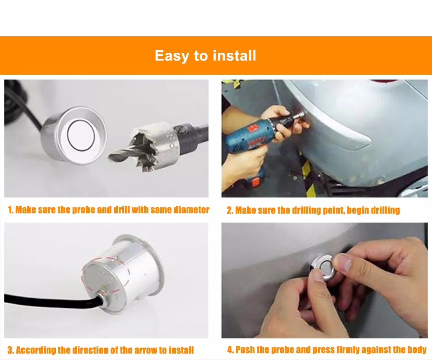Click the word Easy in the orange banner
172,56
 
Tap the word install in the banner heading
235,55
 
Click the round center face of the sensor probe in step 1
81,136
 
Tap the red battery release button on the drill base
256,182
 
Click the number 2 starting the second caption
230,210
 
